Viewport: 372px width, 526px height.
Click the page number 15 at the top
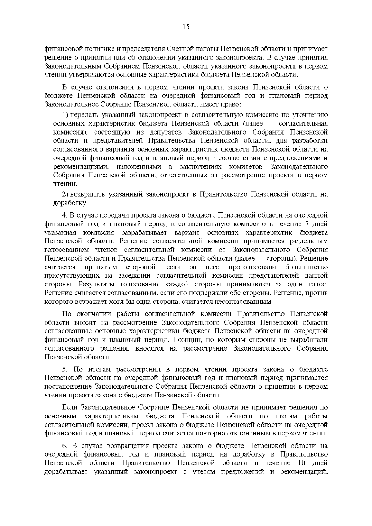pos(186,27)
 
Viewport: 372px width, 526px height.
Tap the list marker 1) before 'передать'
pos(65,115)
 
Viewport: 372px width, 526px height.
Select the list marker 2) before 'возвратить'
pos(65,194)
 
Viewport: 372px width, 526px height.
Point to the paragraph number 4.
pos(64,215)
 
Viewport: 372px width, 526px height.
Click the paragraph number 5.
pos(64,369)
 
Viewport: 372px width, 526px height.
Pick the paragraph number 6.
pos(64,446)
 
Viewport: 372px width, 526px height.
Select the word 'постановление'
pos(68,387)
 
